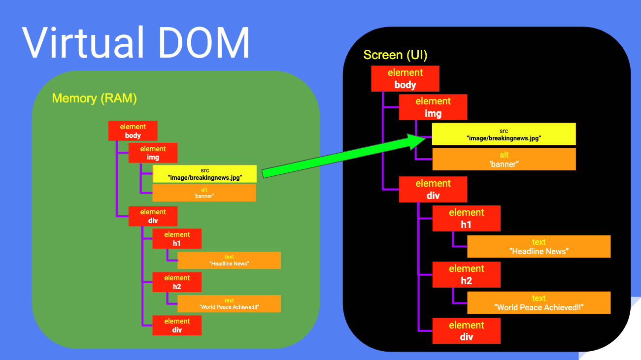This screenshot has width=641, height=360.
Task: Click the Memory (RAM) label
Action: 94,98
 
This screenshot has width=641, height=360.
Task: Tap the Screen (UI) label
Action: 395,55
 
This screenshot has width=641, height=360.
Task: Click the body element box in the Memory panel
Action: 133,131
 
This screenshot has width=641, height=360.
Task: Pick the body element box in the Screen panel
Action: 405,79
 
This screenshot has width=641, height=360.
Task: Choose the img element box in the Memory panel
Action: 153,153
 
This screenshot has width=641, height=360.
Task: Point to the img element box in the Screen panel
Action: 433,107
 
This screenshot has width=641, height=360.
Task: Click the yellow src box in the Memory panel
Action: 204,174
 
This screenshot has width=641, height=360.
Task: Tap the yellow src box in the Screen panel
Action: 504,134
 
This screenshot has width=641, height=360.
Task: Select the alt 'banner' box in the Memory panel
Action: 204,193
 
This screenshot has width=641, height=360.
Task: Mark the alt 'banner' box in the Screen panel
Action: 504,159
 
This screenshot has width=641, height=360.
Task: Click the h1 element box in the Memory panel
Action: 177,239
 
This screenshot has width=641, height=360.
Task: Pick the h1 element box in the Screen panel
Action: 466,219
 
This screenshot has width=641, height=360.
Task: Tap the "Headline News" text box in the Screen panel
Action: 539,247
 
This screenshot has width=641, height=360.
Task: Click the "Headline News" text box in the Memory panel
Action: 229,260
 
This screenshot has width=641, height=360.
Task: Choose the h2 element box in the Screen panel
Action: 466,275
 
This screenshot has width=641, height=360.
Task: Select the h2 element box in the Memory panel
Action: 177,282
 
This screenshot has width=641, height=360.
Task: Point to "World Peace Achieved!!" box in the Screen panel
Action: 539,303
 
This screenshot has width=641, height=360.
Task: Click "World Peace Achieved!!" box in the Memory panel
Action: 229,304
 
